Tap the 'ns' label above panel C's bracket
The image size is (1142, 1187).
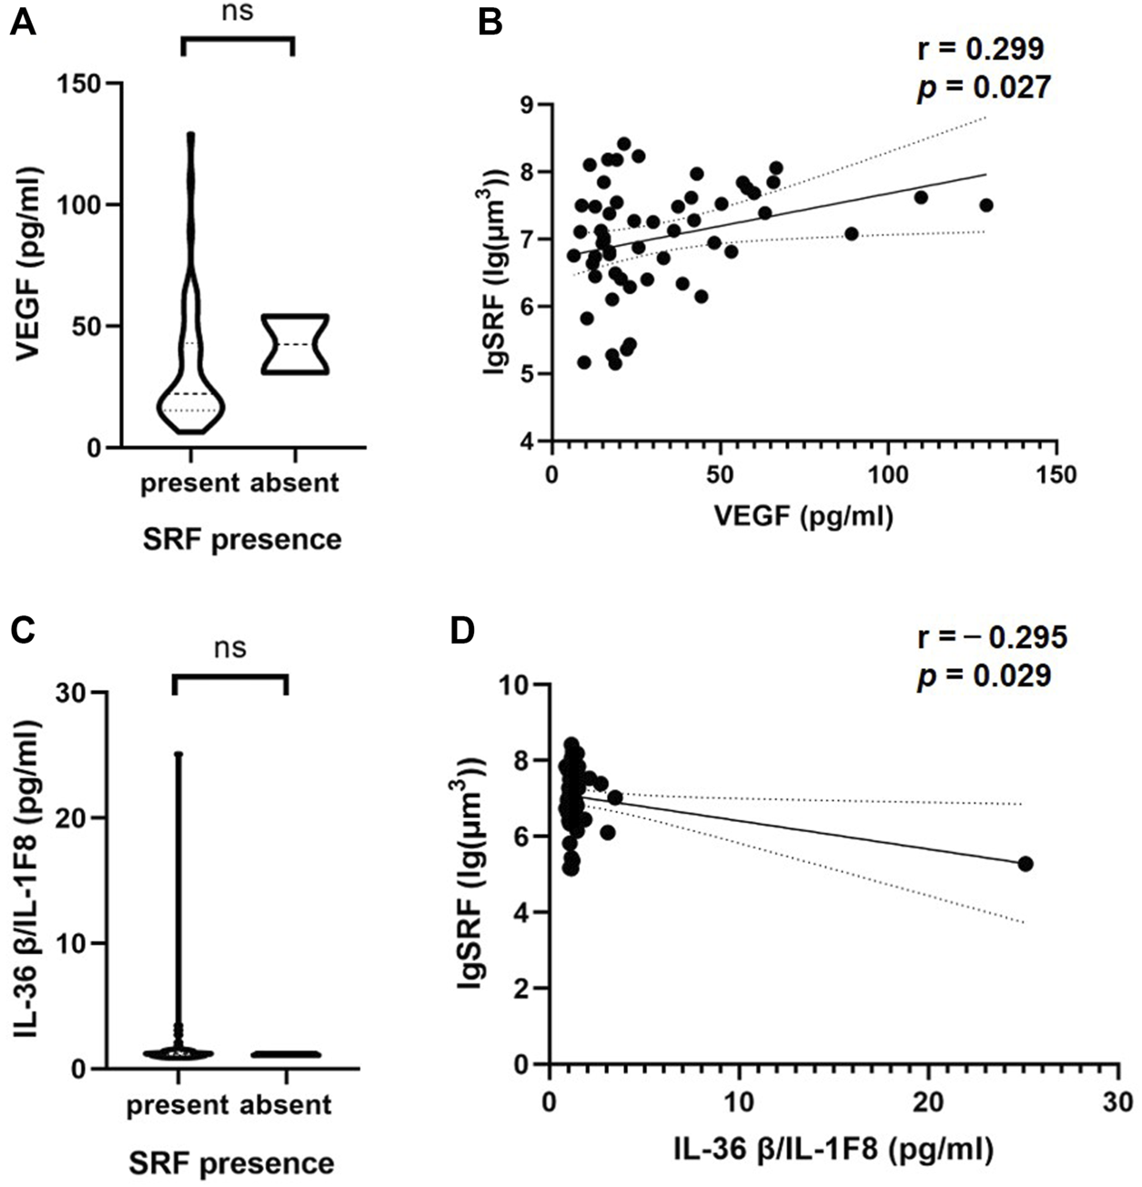(x=229, y=648)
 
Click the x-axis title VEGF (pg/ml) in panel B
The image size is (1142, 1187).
(x=803, y=516)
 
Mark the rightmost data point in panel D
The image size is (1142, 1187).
(x=1025, y=863)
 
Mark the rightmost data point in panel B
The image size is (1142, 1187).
(x=985, y=205)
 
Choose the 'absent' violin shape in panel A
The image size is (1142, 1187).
(x=294, y=344)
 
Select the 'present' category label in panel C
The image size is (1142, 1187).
(x=177, y=1105)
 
